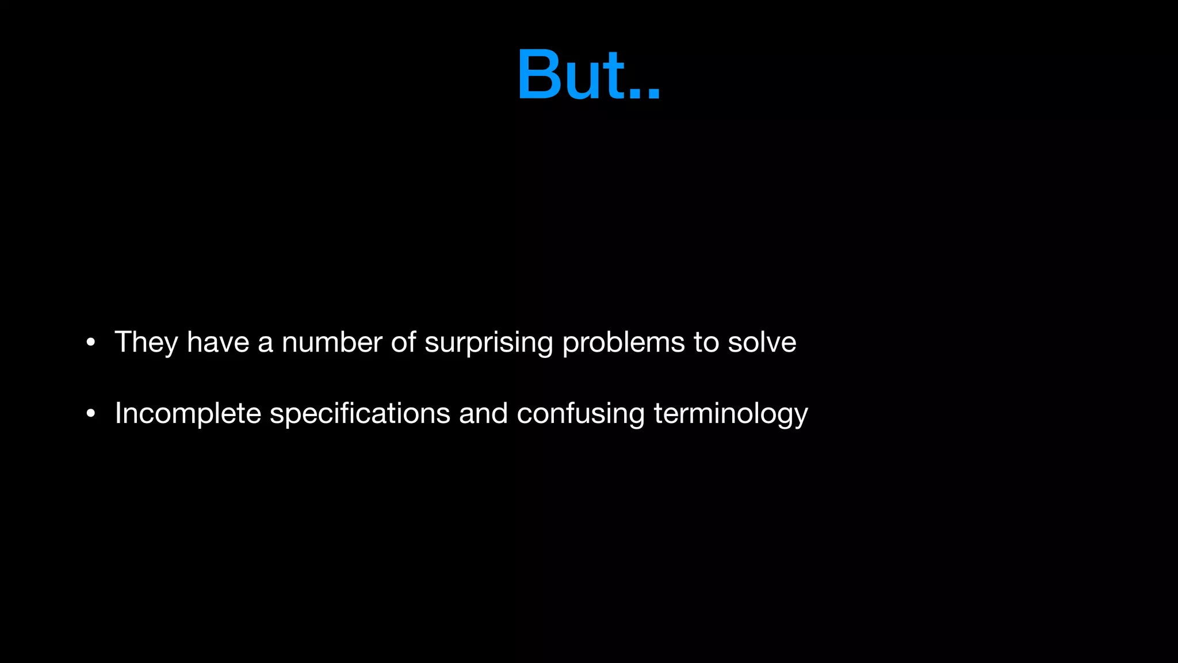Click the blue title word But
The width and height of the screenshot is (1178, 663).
point(588,75)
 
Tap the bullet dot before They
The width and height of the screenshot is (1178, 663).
point(90,342)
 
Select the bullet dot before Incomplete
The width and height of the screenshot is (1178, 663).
point(90,413)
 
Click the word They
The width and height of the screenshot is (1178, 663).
point(146,342)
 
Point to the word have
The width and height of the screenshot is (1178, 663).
point(218,342)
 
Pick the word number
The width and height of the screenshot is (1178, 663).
point(332,342)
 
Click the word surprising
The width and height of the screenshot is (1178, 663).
point(488,344)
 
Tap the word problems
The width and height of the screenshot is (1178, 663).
point(624,344)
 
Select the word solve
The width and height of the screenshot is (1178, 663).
point(762,342)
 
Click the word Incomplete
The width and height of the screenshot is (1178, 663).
point(188,414)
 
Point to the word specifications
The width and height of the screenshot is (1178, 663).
point(360,414)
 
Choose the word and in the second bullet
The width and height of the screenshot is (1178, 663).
point(483,413)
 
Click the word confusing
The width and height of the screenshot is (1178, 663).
point(581,414)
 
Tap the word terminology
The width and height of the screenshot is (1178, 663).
point(731,414)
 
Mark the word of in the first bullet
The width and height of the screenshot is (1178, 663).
point(404,342)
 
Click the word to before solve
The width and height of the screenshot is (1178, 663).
point(706,342)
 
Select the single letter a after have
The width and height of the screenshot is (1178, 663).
point(265,344)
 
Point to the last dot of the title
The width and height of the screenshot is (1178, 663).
point(653,96)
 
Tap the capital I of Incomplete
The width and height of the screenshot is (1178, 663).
point(118,413)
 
